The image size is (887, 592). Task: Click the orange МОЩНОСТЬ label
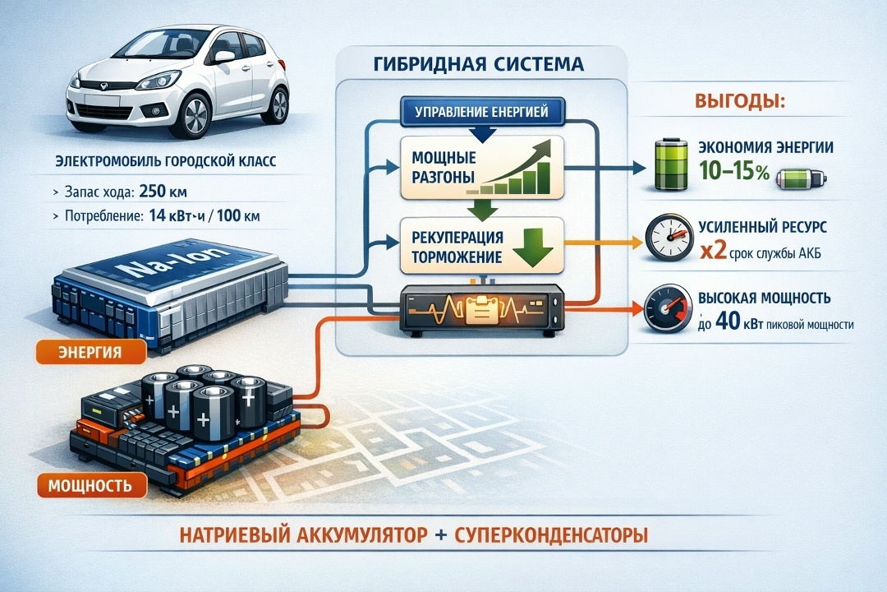[x=90, y=484]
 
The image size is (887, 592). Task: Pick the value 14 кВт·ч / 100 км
[x=215, y=217]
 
